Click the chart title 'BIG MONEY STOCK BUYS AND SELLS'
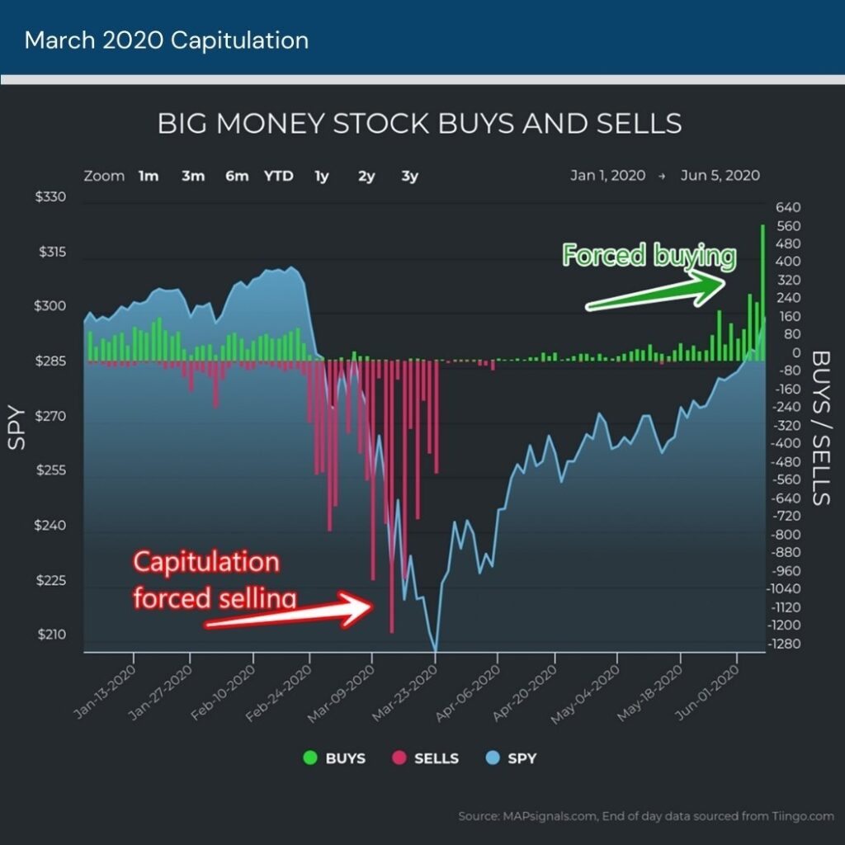[x=419, y=124]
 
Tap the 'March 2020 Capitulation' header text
[x=167, y=40]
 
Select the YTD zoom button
[x=278, y=176]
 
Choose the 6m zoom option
[x=236, y=176]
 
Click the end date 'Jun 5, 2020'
[x=720, y=176]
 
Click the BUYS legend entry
[x=336, y=758]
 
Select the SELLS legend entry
[x=426, y=758]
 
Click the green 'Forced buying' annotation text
[x=648, y=256]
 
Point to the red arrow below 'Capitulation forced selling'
[x=289, y=612]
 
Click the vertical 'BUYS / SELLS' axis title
[x=821, y=427]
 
